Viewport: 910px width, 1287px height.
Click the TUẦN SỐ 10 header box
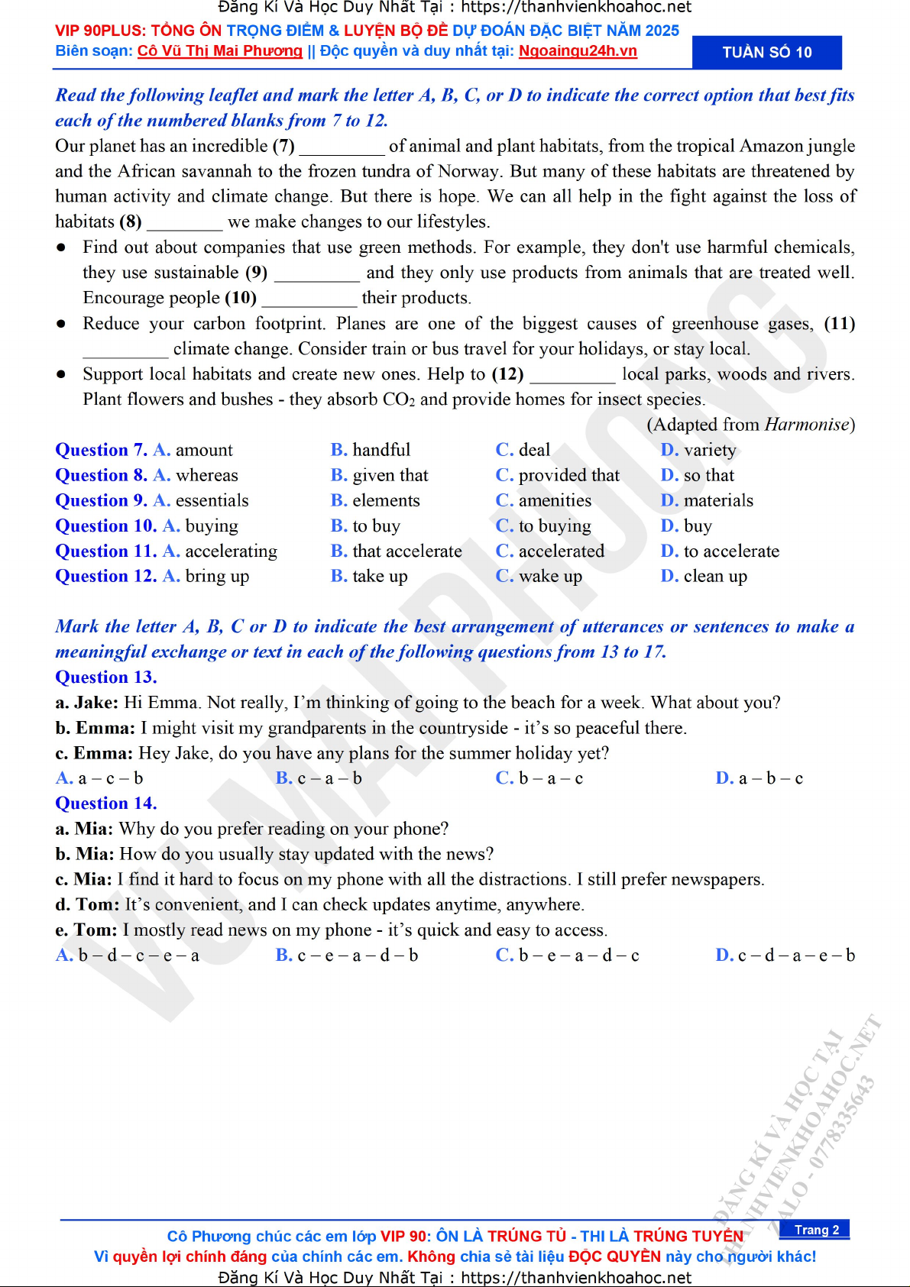[766, 53]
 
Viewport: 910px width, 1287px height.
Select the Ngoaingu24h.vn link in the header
[578, 51]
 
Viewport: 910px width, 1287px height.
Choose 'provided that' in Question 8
[568, 475]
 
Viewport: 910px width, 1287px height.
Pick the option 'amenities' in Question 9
[555, 500]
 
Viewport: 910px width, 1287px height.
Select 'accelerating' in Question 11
[231, 551]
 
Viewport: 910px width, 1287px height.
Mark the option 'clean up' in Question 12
[715, 576]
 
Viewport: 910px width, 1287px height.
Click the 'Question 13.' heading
[106, 677]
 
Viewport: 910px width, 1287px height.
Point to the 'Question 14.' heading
[106, 804]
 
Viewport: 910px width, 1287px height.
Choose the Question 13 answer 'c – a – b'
[329, 778]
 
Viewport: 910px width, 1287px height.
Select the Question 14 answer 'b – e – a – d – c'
[578, 955]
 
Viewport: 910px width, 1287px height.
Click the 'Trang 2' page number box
[816, 1230]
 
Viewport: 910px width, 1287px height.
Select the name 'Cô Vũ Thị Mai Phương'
[220, 51]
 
